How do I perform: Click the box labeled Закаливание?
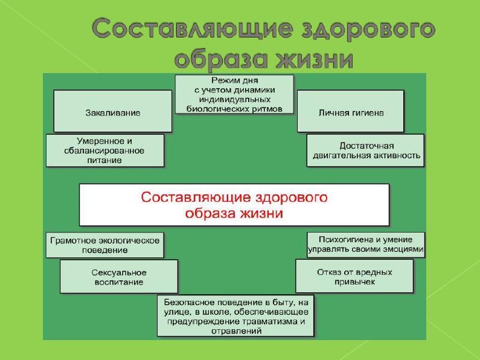coord(113,111)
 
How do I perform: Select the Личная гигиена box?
coord(351,111)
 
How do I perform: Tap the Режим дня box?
coord(234,95)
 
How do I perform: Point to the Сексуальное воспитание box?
coord(119,277)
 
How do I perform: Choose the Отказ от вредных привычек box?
coord(354,276)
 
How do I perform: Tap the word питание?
coord(104,160)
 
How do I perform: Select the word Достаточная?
coord(366,146)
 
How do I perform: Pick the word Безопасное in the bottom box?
coord(189,303)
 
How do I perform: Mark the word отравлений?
coord(236,331)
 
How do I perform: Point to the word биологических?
coord(217,109)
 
